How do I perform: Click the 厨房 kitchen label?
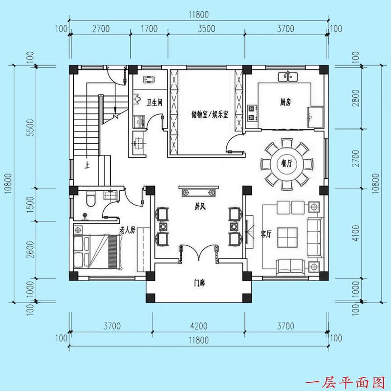(x=286, y=102)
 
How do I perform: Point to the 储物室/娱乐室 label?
(x=207, y=115)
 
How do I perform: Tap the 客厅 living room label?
(x=266, y=234)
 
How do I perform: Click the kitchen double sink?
(x=288, y=77)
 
